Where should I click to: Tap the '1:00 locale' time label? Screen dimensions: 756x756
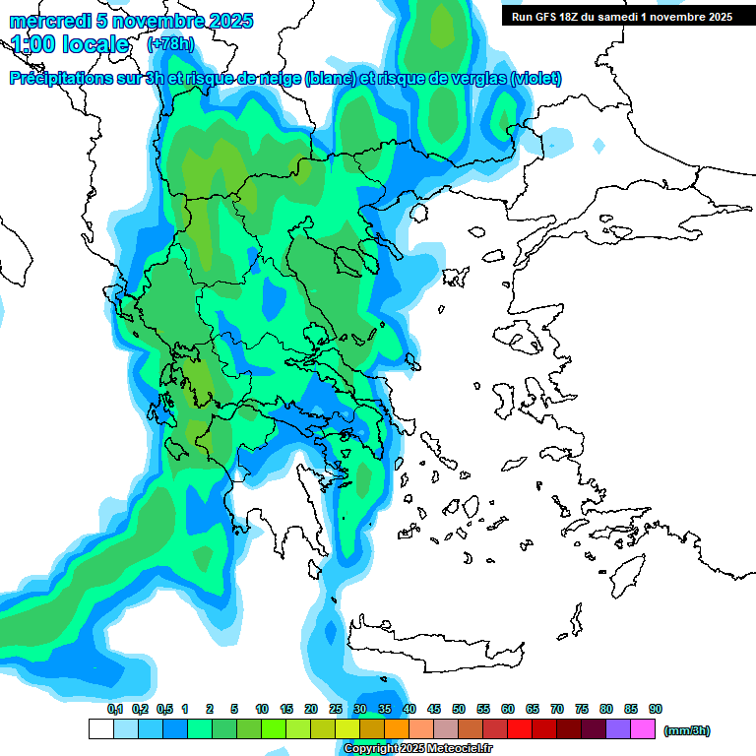70,44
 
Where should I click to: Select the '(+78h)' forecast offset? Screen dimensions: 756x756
169,44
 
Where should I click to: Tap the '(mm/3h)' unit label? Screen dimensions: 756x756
686,730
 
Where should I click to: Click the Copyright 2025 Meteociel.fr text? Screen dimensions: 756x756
417,748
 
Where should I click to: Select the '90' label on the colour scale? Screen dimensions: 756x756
656,709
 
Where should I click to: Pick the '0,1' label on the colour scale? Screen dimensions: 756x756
115,709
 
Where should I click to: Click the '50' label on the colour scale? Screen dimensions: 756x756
459,709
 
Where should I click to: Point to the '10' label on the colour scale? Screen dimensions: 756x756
262,709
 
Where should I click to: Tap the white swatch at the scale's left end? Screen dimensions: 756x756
100,729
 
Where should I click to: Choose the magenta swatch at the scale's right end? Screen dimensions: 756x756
643,729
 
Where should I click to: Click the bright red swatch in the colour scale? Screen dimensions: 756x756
520,729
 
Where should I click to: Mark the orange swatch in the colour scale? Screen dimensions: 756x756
397,729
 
